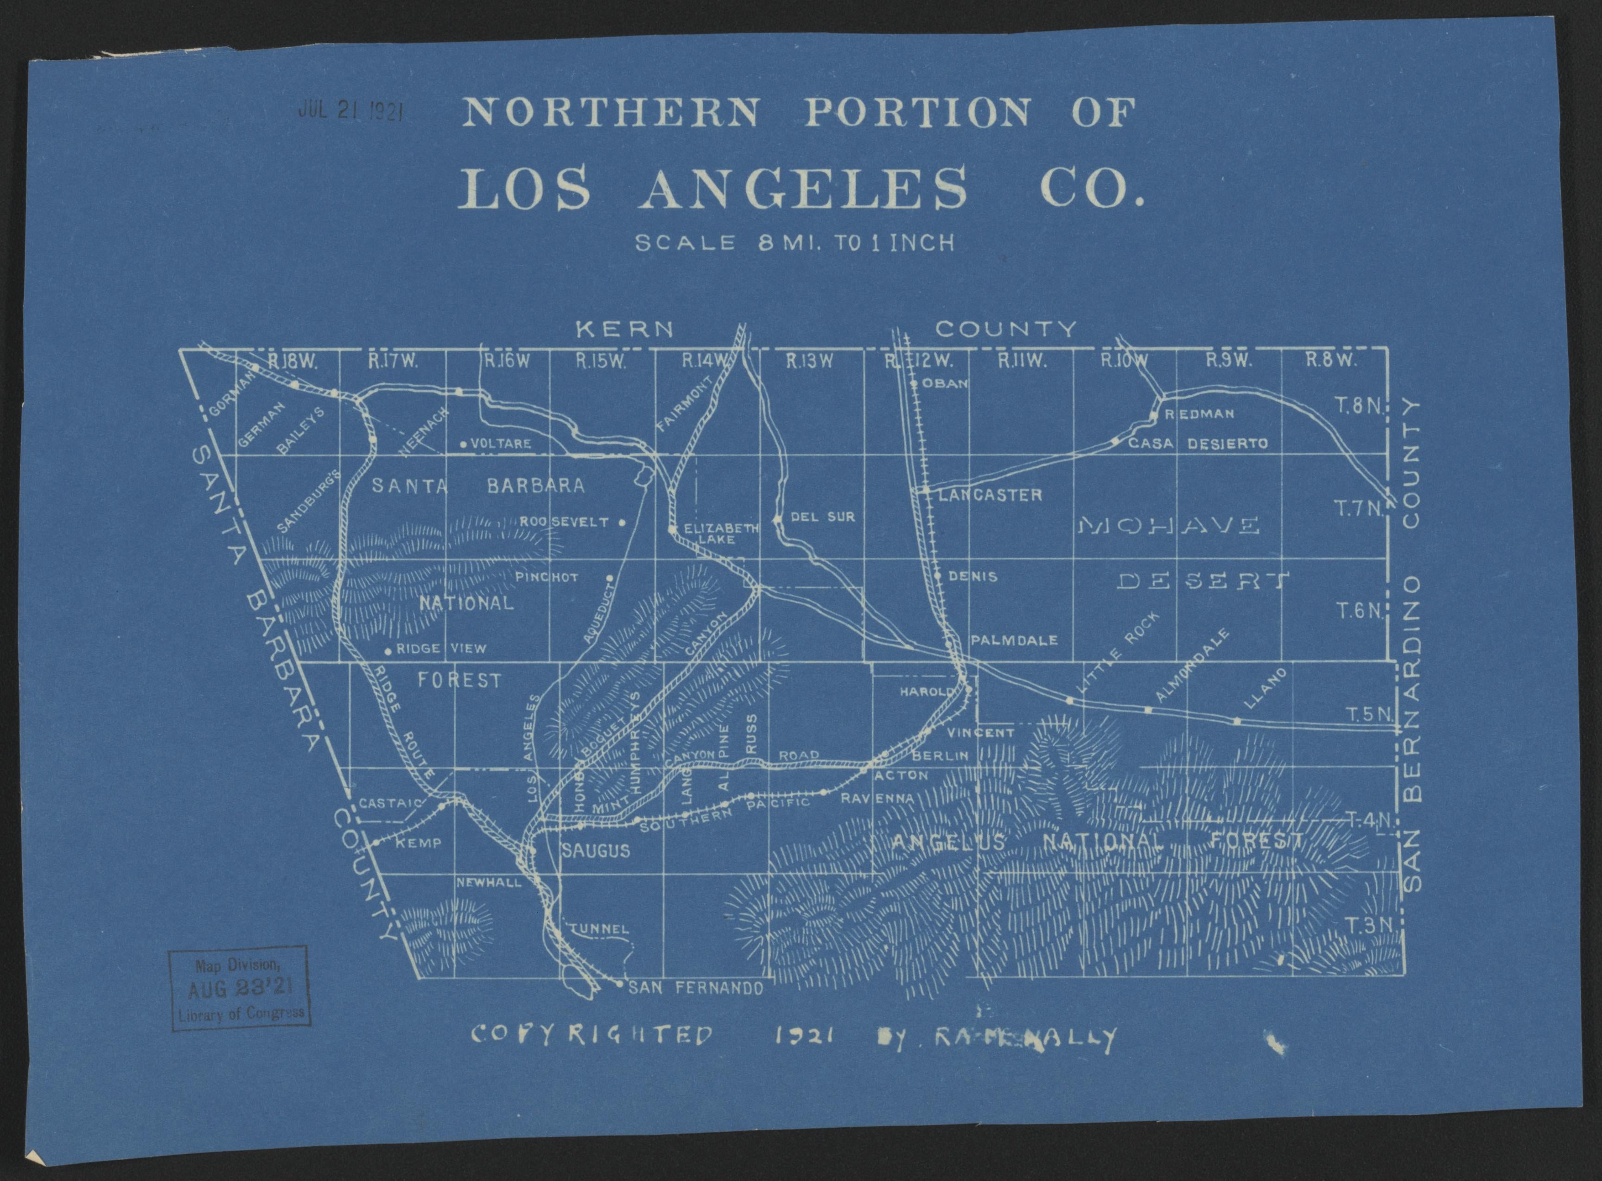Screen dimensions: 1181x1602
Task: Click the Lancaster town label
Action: (989, 495)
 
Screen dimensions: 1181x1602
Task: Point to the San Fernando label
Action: (696, 989)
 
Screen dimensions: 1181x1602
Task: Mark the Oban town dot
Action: (914, 383)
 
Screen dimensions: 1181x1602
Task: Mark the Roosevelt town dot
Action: (622, 522)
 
